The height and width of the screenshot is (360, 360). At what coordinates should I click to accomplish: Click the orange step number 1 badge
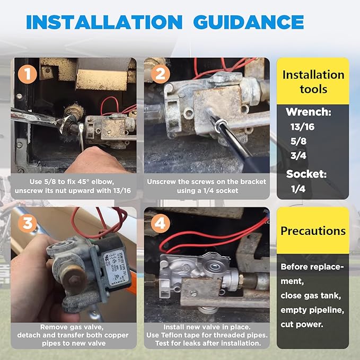pyautogui.click(x=27, y=74)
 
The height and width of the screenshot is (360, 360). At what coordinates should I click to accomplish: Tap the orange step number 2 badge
pyautogui.click(x=160, y=74)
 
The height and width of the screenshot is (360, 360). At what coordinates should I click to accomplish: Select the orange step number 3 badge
pyautogui.click(x=27, y=223)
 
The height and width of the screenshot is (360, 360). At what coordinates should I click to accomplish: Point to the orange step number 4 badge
pyautogui.click(x=160, y=223)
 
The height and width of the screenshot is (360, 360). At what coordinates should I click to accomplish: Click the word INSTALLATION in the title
pyautogui.click(x=103, y=22)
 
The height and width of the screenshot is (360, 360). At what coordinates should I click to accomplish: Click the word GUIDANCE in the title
pyautogui.click(x=248, y=22)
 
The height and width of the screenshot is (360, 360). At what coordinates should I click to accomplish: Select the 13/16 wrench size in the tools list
pyautogui.click(x=303, y=127)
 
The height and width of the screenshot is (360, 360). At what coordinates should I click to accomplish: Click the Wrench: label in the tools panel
pyautogui.click(x=309, y=112)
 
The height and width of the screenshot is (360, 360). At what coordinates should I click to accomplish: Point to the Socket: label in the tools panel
pyautogui.click(x=306, y=173)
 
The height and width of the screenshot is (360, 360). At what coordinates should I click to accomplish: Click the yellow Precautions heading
pyautogui.click(x=313, y=231)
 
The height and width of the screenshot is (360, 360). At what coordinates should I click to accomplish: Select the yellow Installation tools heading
pyautogui.click(x=313, y=81)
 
